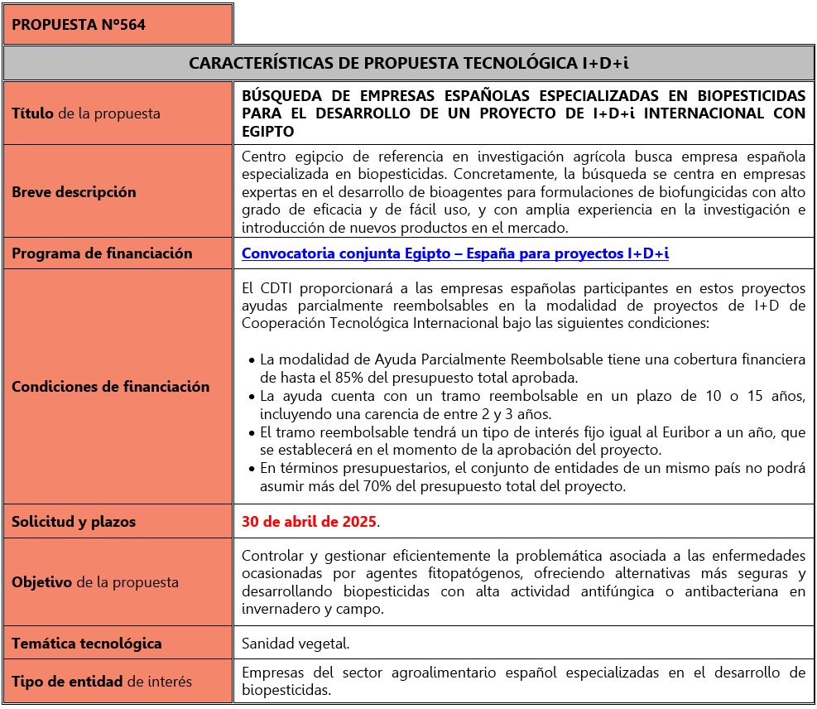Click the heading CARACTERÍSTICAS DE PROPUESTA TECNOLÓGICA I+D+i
coord(409,63)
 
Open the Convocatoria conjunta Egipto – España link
coord(455,253)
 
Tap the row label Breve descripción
coord(74,191)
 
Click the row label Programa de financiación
coord(102,253)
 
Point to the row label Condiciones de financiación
coord(111,386)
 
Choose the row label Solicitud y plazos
coord(74,522)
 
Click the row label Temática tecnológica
coord(87,643)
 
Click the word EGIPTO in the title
coord(268,132)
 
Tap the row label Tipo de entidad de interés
coord(102,682)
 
